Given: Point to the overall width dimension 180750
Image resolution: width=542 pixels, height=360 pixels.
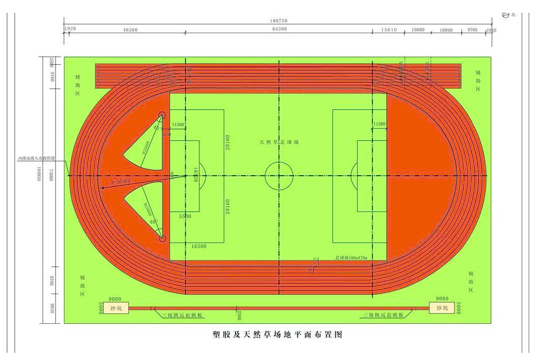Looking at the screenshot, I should pyautogui.click(x=278, y=21).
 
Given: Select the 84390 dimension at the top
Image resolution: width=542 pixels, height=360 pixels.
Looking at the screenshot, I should pyautogui.click(x=279, y=30).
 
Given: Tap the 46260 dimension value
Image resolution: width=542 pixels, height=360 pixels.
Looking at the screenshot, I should pyautogui.click(x=130, y=30).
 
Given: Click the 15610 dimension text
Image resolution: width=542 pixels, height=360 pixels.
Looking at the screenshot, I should pyautogui.click(x=389, y=30).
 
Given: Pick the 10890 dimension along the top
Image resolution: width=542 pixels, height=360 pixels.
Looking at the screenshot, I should pyautogui.click(x=446, y=30).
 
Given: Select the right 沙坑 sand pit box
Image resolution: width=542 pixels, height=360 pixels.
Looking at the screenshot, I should pyautogui.click(x=442, y=308).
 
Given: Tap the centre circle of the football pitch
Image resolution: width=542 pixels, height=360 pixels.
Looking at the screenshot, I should pyautogui.click(x=279, y=175).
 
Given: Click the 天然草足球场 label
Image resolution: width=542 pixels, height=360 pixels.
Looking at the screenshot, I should pyautogui.click(x=278, y=142).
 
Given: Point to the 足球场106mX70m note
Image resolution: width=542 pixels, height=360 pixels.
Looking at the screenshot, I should pyautogui.click(x=351, y=258).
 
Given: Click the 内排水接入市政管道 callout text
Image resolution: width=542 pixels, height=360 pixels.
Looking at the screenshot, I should pyautogui.click(x=37, y=159).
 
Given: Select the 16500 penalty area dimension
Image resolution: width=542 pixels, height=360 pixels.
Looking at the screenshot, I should pyautogui.click(x=199, y=246).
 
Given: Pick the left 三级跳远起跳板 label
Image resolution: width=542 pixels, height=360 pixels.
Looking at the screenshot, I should pyautogui.click(x=182, y=315).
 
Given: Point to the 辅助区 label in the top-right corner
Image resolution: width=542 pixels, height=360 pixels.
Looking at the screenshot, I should pyautogui.click(x=478, y=81).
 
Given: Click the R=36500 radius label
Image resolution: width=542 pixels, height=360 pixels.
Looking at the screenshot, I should pyautogui.click(x=121, y=181).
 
